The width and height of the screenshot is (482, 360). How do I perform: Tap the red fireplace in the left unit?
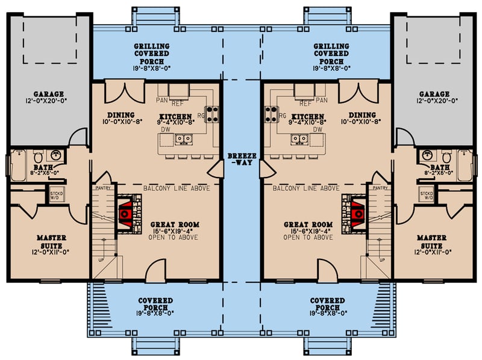pos(127,213)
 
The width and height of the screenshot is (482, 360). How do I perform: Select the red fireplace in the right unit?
pos(355,213)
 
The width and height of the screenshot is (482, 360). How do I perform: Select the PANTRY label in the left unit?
pos(101,188)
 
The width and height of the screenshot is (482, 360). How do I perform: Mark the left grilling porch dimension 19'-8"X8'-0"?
pos(152,69)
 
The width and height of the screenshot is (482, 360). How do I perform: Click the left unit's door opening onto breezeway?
pos(214,169)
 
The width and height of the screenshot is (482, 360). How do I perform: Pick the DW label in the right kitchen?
pos(318,129)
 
